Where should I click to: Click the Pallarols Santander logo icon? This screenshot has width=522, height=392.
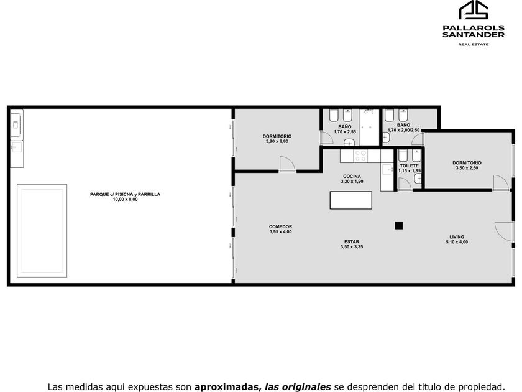(x=474, y=10)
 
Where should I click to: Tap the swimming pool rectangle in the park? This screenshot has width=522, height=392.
(x=42, y=231)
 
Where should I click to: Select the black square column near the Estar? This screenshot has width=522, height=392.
(x=399, y=226)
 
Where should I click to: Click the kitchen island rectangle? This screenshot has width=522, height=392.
(x=351, y=200)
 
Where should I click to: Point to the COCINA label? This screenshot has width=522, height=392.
(x=352, y=176)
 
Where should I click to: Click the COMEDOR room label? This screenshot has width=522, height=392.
(x=281, y=226)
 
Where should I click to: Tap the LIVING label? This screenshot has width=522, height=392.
(x=457, y=237)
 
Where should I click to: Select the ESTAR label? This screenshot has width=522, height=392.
(x=352, y=242)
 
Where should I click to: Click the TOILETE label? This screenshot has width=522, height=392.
(x=409, y=166)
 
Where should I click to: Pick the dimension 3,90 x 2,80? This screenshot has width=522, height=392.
(x=277, y=141)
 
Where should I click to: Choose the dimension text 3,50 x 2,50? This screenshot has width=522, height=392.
(x=467, y=168)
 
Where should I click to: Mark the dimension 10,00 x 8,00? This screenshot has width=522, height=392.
(x=125, y=200)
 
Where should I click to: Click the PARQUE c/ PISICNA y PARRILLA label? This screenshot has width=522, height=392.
(x=125, y=194)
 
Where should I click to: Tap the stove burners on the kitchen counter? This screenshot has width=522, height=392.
(x=360, y=156)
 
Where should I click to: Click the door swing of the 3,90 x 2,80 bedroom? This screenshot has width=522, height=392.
(x=287, y=164)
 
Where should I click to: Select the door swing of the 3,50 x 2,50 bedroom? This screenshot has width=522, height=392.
(x=501, y=182)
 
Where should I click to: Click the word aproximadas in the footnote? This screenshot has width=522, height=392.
(x=227, y=387)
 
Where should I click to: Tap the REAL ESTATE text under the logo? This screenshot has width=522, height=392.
(x=474, y=44)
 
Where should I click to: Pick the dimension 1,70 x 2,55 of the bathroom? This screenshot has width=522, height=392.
(x=345, y=132)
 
